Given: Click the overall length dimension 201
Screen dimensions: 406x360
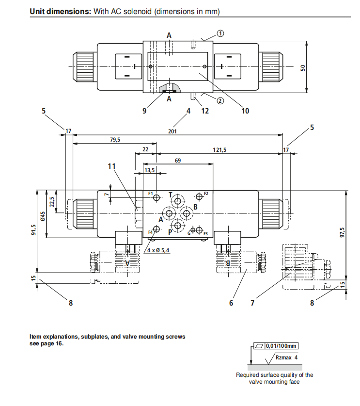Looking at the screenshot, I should [x=172, y=131].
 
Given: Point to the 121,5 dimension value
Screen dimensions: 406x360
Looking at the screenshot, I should [x=219, y=150].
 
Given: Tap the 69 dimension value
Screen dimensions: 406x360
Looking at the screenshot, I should [x=178, y=160].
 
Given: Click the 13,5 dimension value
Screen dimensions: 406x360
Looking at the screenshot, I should [x=150, y=170].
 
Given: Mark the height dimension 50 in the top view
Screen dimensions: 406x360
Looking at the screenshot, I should [x=304, y=67].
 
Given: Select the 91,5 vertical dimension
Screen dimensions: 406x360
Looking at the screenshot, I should [x=33, y=229].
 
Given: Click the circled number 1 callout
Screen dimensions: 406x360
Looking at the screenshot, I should [x=220, y=33].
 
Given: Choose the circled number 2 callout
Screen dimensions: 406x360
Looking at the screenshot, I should [x=219, y=101].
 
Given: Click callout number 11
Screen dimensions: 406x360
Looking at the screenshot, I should [x=112, y=166].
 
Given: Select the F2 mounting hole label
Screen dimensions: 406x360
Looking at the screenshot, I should [x=205, y=193].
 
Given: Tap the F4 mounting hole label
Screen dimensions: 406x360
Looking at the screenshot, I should [x=151, y=233].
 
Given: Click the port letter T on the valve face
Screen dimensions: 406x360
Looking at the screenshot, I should [x=170, y=195].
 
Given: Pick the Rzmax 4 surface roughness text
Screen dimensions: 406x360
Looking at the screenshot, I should [x=286, y=357].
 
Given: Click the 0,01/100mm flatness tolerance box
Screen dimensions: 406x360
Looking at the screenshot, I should [x=276, y=346].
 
